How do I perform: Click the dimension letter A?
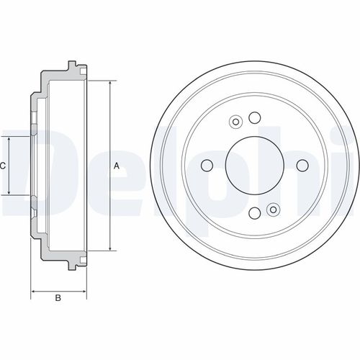click(x=117, y=166)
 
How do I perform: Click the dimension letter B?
click(x=59, y=298)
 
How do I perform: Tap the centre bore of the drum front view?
click(x=253, y=166)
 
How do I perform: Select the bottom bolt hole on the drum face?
click(x=253, y=213)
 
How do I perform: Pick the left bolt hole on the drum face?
click(x=207, y=166)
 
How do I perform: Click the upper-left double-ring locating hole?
click(x=235, y=122)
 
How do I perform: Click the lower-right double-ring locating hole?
click(x=272, y=210)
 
